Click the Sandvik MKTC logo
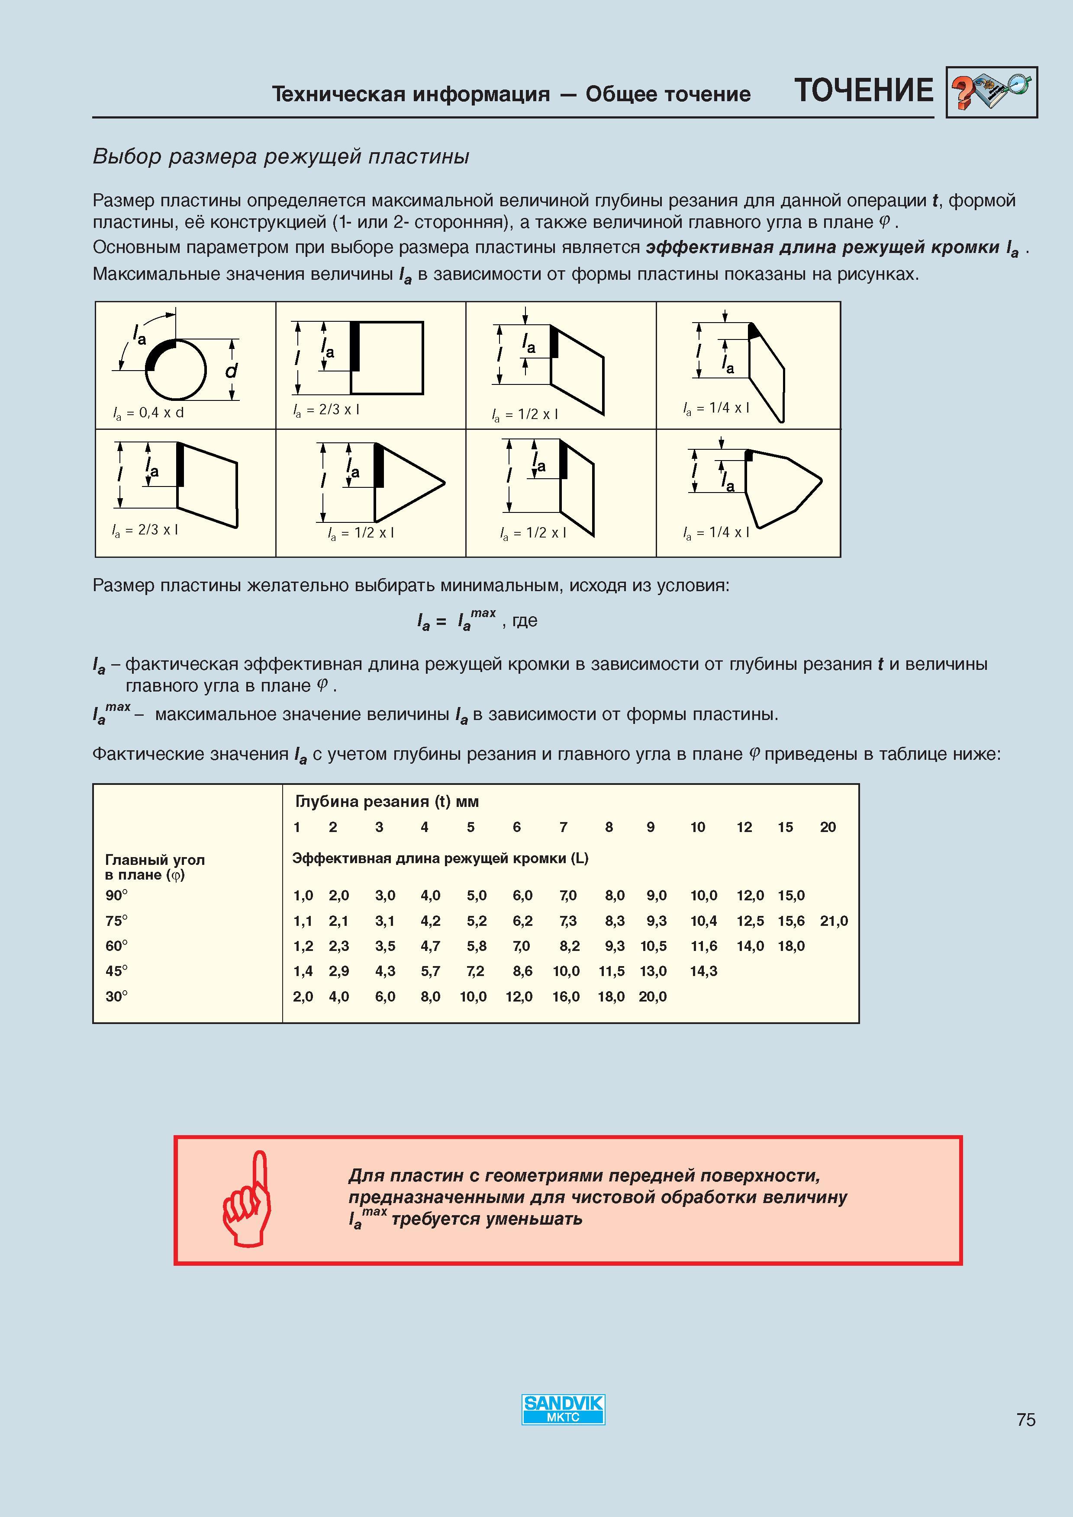(563, 1409)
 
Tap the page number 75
(1026, 1419)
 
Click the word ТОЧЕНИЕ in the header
(864, 90)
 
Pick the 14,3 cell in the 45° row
(703, 971)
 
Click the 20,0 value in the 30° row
(653, 996)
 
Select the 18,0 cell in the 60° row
(791, 946)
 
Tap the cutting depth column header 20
(828, 827)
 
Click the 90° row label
(116, 895)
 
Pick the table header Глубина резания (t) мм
(387, 801)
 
